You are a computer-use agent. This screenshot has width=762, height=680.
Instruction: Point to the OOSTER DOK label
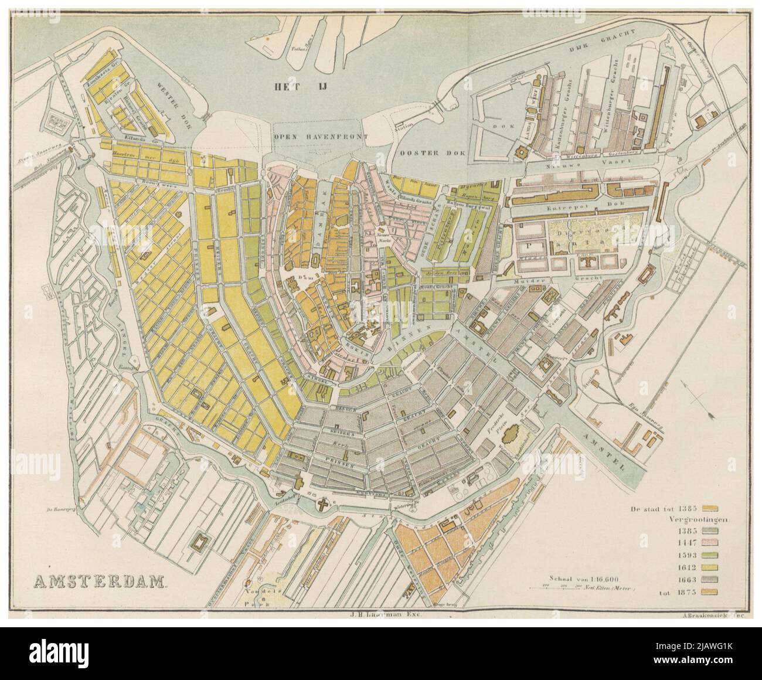(432, 152)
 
